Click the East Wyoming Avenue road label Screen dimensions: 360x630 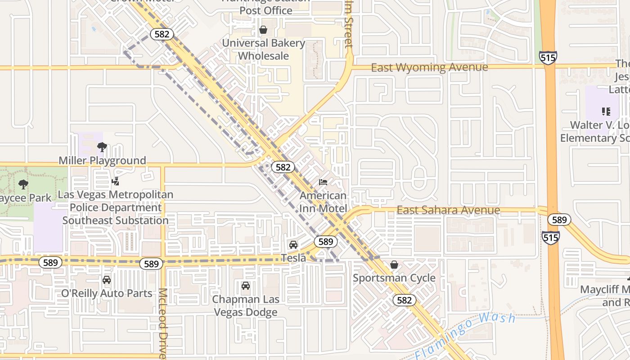coord(429,67)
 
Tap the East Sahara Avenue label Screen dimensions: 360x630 coord(448,210)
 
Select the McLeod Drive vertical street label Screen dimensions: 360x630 coord(162,323)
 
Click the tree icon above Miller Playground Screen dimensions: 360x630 coord(102,147)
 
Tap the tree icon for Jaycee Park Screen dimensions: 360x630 coord(23,184)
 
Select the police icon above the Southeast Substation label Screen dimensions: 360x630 coord(115,181)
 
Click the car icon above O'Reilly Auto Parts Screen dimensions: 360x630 coord(107,280)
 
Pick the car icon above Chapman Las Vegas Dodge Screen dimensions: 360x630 coord(246,286)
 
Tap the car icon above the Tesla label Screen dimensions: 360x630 coord(293,245)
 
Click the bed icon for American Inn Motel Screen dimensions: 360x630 coord(323,182)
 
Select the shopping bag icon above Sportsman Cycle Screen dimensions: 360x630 coord(394,265)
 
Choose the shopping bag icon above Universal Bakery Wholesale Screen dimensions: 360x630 coord(263,30)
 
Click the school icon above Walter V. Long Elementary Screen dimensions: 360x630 coord(606,111)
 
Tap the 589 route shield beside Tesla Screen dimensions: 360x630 coord(325,242)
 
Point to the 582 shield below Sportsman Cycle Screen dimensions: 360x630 coord(404,300)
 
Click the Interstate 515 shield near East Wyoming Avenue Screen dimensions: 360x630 coord(548,57)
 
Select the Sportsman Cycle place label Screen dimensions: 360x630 coord(394,278)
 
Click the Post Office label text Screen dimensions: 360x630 coord(265,10)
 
